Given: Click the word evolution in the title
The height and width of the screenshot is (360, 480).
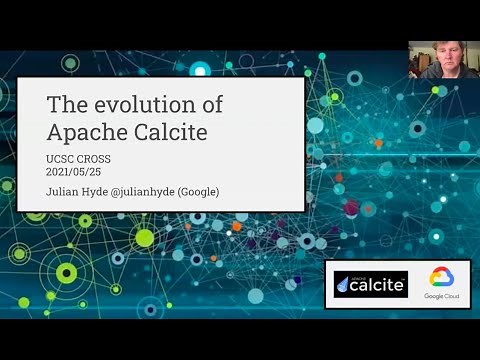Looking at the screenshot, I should point(141,105).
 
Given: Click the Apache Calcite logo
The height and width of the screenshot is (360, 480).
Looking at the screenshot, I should point(371,284).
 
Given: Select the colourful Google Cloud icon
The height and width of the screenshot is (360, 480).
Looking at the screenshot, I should point(441,277).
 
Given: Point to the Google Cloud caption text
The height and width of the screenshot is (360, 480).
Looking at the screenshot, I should point(441,297).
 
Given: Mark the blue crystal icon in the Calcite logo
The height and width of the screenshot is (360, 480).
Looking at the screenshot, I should point(346,285).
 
